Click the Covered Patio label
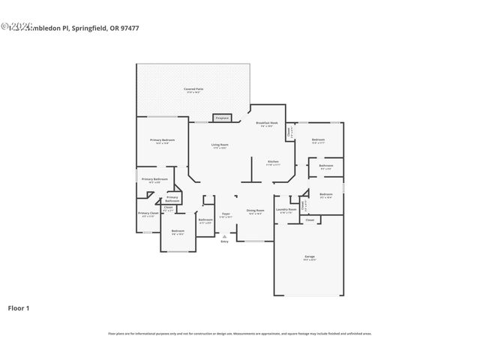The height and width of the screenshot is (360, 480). (x=194, y=89)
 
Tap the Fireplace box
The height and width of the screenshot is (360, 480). (x=222, y=118)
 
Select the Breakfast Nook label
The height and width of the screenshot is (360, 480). (x=268, y=123)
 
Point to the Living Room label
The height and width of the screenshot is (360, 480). (x=219, y=144)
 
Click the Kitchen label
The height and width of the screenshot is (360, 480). (x=274, y=162)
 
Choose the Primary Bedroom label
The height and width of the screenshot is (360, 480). (x=162, y=140)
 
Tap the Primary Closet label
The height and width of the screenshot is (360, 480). (x=148, y=213)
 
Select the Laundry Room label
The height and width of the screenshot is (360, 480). (x=287, y=209)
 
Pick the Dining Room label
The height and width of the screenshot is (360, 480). (x=256, y=211)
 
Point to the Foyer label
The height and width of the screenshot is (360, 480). (x=225, y=214)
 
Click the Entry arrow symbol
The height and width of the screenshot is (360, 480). (x=224, y=235)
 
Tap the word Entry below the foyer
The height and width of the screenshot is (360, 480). (x=224, y=241)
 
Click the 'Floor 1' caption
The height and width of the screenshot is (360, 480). (x=19, y=307)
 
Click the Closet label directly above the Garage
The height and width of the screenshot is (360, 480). (x=309, y=220)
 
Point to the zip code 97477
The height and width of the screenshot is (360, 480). (x=128, y=28)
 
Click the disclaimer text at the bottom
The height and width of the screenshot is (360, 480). (x=240, y=334)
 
